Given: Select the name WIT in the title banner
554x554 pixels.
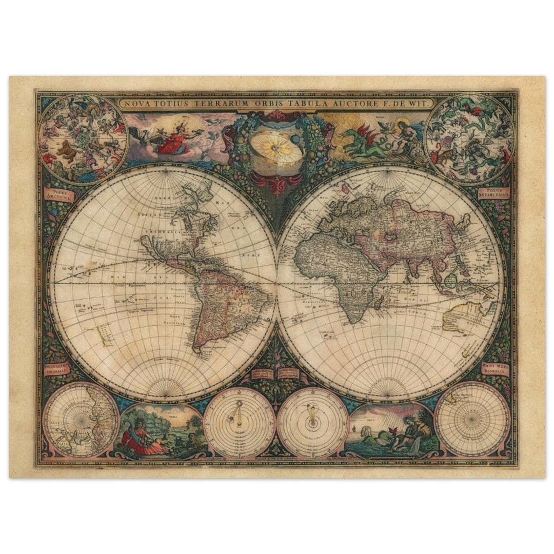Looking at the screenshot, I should (x=414, y=103).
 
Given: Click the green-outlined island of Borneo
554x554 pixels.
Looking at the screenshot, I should (x=451, y=280).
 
